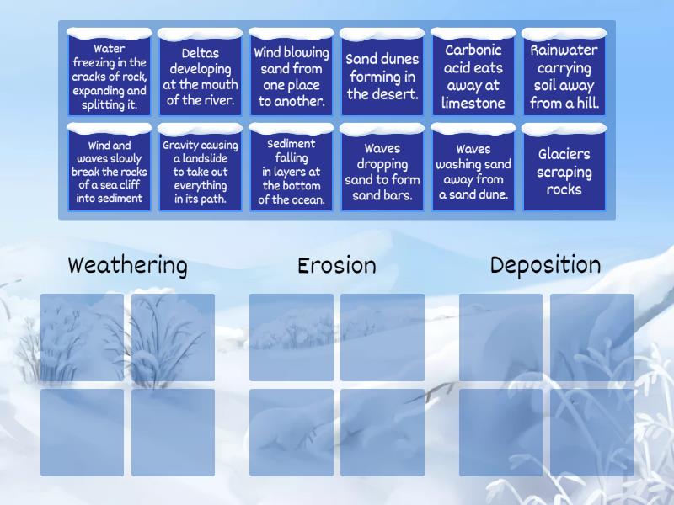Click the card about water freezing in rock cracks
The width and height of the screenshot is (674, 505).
110,77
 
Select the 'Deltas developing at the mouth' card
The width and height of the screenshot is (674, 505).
201,77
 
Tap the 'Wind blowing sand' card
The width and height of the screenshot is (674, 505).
292,77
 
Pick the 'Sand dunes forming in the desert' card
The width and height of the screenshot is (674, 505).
382,77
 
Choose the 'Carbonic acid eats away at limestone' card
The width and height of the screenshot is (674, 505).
473,77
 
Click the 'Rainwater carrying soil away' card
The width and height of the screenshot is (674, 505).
564,77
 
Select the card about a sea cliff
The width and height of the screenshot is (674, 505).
110,172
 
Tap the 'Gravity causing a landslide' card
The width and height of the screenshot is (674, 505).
201,172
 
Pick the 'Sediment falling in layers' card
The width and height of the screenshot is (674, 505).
292,172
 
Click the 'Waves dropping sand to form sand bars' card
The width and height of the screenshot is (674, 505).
382,172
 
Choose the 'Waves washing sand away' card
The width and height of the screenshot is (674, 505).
473,172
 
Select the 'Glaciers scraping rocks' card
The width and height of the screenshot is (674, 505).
564,172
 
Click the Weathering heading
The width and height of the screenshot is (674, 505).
127,266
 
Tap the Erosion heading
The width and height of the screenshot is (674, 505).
336,266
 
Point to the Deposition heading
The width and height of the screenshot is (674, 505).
545,266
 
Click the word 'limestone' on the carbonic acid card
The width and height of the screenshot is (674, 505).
473,104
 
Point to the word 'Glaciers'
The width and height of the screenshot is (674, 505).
564,154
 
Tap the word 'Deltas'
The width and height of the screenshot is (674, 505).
201,53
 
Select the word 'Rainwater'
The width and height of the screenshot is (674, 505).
564,50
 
